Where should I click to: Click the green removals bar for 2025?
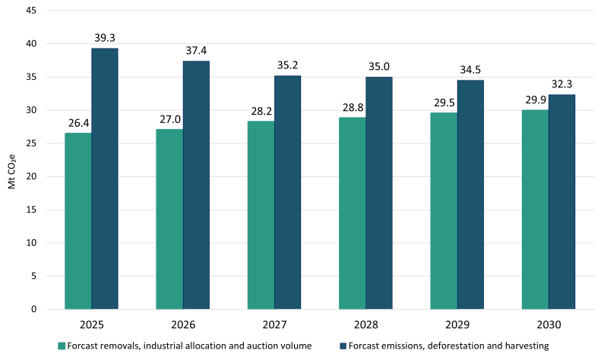click(78, 221)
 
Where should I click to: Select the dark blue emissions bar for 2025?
click(105, 178)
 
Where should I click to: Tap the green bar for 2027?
click(261, 215)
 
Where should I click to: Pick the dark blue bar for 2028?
click(379, 193)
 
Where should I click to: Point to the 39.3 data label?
click(105, 36)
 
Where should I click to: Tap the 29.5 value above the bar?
click(443, 101)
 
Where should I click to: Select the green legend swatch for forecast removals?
click(62, 346)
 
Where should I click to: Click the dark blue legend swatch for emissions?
click(344, 346)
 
